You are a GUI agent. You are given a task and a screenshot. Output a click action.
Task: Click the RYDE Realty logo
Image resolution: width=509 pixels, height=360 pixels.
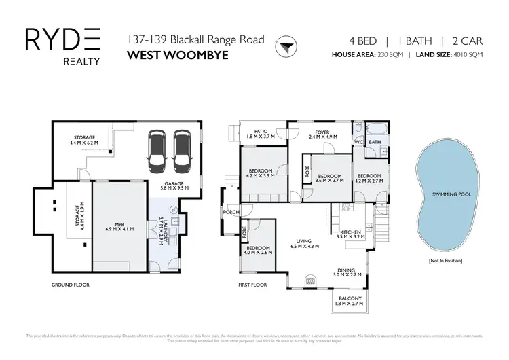point(62,46)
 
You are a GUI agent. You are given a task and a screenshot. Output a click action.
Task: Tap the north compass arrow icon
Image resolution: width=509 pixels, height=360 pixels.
point(286,47)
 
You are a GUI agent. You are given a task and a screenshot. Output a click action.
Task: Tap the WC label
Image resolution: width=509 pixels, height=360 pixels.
point(358,142)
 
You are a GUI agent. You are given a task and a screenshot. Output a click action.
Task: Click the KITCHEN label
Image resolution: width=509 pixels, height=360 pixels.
point(350,233)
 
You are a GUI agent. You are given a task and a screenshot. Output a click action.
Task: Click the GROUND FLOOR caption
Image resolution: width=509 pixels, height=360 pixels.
point(71,285)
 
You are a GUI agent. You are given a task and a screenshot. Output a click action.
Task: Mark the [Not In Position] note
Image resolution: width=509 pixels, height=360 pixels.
point(445,261)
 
